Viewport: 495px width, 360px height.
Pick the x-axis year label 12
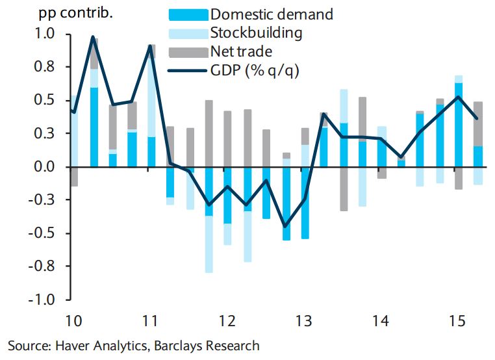click(x=226, y=321)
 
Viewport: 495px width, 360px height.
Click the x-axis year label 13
click(x=303, y=321)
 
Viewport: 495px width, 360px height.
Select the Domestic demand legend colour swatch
click(x=188, y=14)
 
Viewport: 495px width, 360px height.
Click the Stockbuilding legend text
click(x=256, y=32)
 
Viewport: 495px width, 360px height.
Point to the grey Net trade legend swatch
click(x=188, y=51)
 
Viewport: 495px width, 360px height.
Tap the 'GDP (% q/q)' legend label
click(x=254, y=70)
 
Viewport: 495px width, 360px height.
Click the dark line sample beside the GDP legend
click(x=188, y=70)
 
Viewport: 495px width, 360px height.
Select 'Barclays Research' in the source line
click(x=206, y=345)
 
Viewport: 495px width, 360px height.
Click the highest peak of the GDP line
click(x=93, y=37)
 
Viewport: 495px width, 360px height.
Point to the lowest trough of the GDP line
click(x=285, y=226)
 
